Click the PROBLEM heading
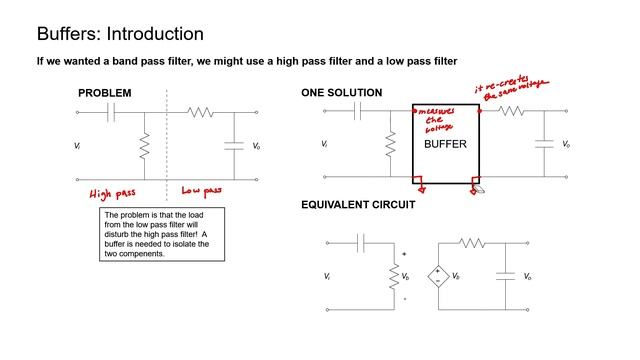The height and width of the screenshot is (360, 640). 105,93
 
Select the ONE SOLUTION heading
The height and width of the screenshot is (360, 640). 342,93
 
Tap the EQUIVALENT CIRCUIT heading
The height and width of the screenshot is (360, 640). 358,204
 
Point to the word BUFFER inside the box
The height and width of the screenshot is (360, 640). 445,144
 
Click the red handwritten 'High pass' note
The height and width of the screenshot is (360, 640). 112,194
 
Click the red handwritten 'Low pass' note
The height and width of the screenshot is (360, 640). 202,191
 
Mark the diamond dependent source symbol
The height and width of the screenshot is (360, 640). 438,276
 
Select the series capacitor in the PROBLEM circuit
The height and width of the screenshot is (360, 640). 111,112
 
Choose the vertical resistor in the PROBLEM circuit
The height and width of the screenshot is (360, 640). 144,146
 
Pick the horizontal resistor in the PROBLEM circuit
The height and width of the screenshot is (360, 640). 200,112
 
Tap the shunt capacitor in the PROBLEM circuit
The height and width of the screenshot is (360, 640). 234,146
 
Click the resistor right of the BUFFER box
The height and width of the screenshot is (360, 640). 511,111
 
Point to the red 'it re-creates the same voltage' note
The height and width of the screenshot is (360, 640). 512,88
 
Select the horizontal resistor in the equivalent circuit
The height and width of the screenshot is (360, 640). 472,243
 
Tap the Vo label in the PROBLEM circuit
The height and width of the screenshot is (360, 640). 256,146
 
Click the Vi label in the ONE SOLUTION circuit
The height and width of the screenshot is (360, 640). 324,144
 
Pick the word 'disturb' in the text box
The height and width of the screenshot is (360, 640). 116,234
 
